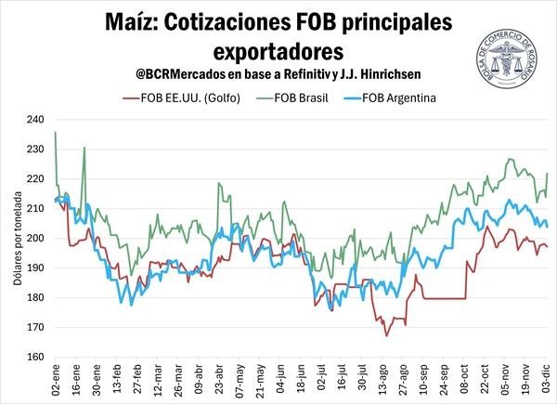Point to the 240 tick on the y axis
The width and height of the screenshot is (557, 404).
[x=38, y=120]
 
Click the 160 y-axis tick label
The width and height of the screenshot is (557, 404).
[x=38, y=357]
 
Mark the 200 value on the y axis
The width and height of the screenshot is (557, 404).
[x=38, y=239]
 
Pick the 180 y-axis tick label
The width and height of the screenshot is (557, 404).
[x=38, y=297]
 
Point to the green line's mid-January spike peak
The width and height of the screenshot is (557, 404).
[x=84, y=148]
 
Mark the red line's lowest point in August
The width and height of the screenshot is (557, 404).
[x=387, y=334]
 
